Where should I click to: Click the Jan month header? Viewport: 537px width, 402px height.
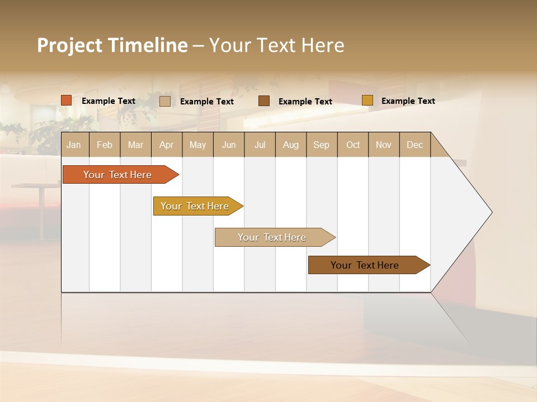(x=74, y=145)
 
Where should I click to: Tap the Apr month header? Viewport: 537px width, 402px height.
(x=167, y=145)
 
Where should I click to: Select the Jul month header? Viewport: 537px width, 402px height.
(x=260, y=145)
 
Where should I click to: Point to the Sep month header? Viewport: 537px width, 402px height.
(x=322, y=145)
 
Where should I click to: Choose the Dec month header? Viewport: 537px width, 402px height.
(x=415, y=145)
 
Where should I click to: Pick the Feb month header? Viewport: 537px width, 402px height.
(x=105, y=145)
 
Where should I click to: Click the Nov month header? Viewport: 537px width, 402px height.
(x=384, y=145)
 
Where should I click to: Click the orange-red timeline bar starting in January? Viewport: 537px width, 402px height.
(x=118, y=175)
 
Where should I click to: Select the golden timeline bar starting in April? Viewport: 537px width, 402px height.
(x=195, y=206)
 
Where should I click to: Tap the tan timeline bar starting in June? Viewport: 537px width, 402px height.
(x=272, y=237)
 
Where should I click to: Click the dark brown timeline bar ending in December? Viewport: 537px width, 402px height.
(x=365, y=265)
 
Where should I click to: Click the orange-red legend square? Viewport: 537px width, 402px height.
(x=67, y=100)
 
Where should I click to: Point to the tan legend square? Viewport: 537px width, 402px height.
(x=165, y=101)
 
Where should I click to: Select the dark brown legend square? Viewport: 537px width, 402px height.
(x=264, y=100)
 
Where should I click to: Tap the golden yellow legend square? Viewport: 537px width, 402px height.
(x=368, y=100)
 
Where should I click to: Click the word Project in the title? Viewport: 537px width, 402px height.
(x=70, y=45)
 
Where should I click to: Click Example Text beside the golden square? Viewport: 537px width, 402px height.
(x=408, y=101)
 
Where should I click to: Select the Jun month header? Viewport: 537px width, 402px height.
(x=229, y=145)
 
